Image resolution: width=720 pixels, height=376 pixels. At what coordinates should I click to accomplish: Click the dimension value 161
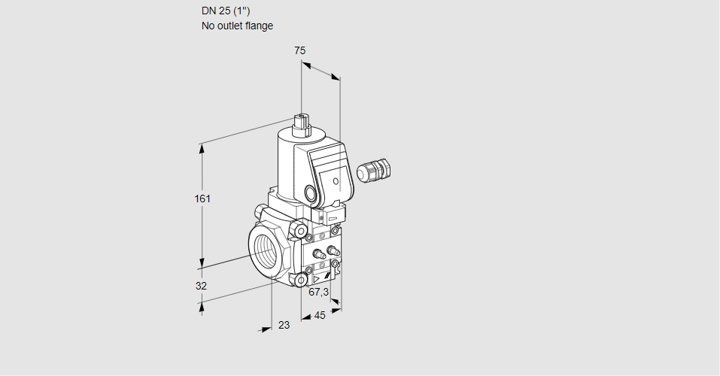point(202,199)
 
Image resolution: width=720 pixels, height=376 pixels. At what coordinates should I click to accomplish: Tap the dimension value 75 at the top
point(300,50)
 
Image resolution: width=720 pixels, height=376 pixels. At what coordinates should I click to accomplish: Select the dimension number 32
point(201,286)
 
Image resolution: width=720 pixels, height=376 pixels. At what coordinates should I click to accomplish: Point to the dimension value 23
point(284,325)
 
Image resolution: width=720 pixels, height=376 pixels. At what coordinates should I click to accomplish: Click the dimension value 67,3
point(319,292)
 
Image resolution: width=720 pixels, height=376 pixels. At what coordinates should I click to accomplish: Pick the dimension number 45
point(320,315)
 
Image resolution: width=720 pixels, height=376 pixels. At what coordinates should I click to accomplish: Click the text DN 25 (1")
point(226,11)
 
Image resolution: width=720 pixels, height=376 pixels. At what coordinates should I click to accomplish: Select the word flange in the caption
point(259,26)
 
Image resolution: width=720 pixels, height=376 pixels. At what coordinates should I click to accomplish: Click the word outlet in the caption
point(229,26)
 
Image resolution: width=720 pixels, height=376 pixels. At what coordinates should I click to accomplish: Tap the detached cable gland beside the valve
point(374,170)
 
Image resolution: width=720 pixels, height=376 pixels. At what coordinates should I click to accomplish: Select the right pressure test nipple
point(333,250)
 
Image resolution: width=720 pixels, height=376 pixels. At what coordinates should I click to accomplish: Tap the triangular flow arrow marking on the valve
point(316,279)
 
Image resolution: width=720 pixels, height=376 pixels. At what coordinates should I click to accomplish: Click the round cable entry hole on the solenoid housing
point(311,193)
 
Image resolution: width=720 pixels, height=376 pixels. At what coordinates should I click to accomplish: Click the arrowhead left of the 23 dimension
point(266,329)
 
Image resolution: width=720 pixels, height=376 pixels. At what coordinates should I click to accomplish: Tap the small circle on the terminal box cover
point(336,181)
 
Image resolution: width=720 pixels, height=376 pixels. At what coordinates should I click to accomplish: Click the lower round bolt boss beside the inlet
point(301,279)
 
